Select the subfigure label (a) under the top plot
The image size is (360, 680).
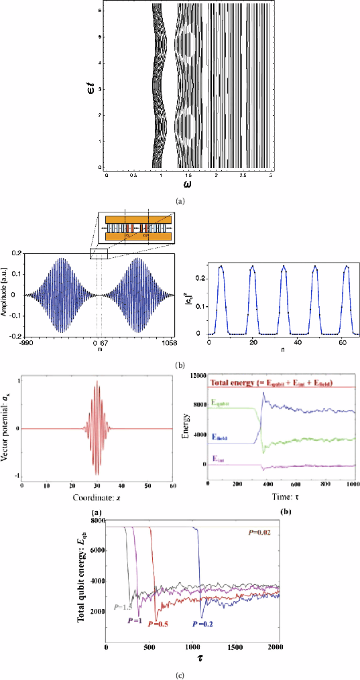click(180, 200)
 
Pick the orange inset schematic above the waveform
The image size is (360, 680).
click(135, 231)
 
